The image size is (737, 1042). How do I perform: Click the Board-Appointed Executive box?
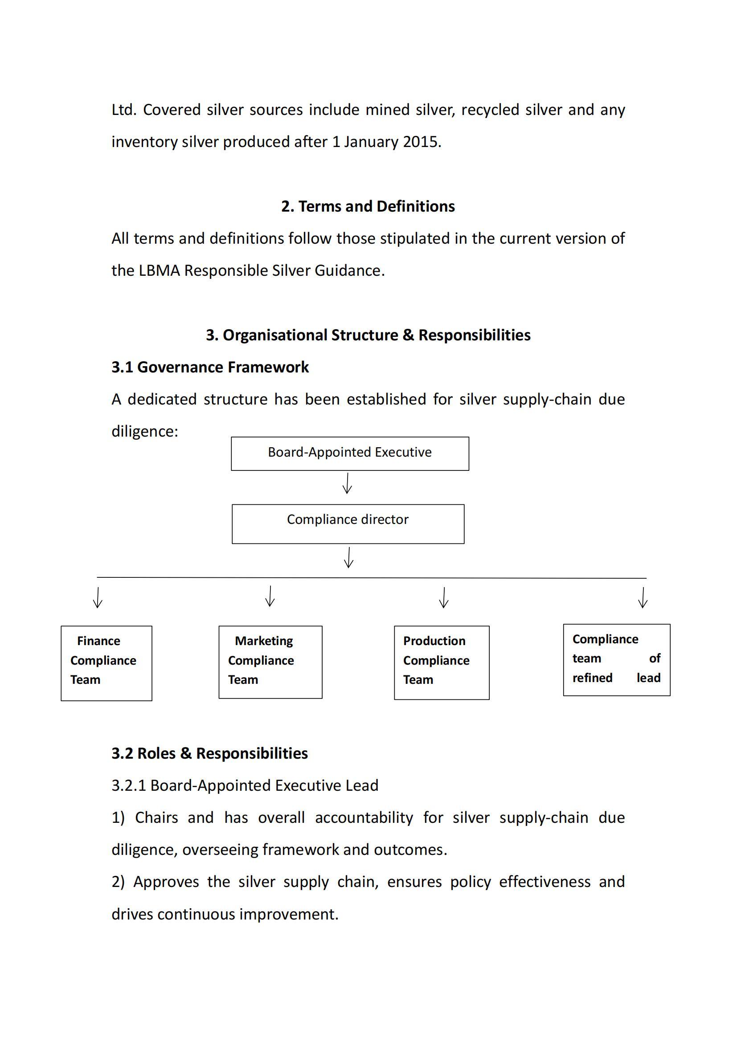coord(350,454)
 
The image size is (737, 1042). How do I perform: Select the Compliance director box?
coord(348,524)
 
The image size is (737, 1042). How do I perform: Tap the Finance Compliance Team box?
coord(106,663)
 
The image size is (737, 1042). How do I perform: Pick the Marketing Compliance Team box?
coord(270,662)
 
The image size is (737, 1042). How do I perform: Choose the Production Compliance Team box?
coord(442,662)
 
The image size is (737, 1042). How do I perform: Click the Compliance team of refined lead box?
coord(616,660)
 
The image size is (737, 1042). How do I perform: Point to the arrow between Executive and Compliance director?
coord(347,483)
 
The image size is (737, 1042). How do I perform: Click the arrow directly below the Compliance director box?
coord(348,558)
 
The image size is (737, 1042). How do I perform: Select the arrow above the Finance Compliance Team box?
coord(98,598)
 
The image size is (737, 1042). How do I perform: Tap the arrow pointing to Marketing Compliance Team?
coord(270,597)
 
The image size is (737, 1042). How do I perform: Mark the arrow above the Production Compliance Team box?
coord(444,598)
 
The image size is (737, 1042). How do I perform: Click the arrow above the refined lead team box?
coord(643,598)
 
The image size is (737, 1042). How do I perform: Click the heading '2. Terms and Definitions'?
coord(368,207)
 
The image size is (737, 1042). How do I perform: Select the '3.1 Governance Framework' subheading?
coord(210,367)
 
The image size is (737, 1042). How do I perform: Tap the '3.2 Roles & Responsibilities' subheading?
coord(210,753)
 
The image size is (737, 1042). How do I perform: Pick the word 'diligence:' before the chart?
coord(145,432)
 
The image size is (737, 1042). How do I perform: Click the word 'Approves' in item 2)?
coord(166,882)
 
